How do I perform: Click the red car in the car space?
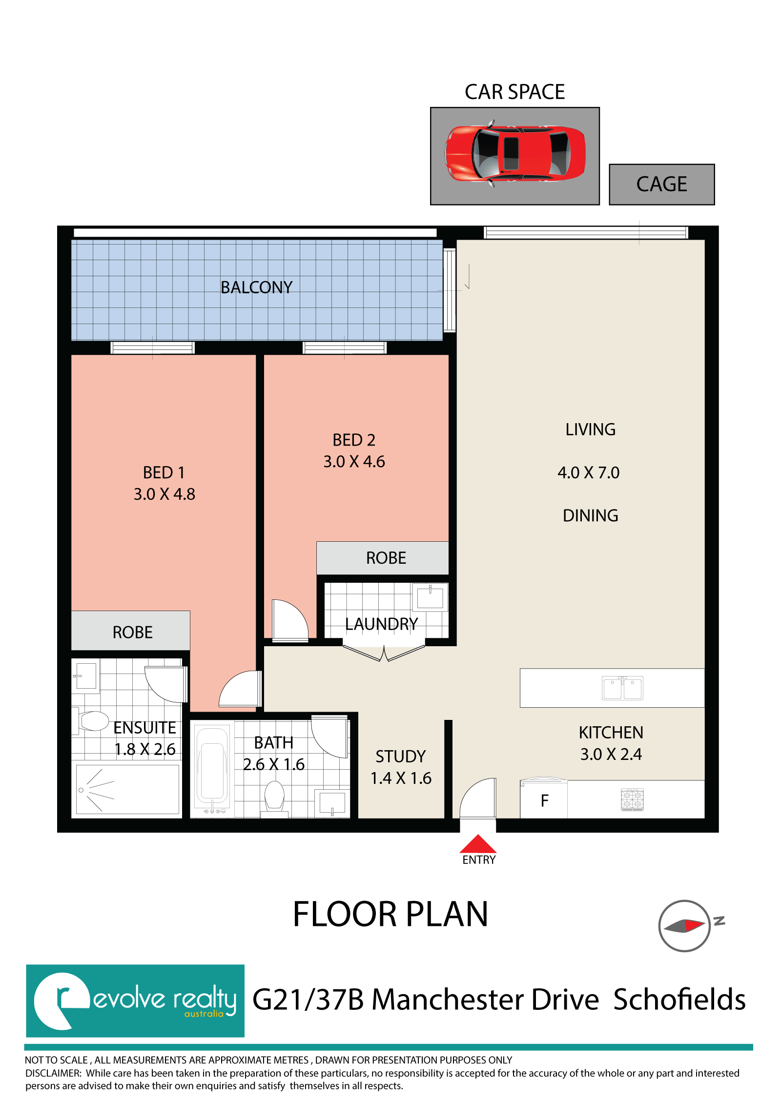(514, 153)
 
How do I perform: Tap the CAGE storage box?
(661, 184)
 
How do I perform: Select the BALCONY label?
(256, 287)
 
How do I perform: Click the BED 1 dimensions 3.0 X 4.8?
(164, 494)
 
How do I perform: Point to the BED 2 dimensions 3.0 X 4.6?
(354, 461)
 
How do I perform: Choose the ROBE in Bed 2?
(382, 558)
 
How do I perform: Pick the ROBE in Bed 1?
(130, 631)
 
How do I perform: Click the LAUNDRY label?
(381, 624)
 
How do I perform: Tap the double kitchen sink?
(622, 688)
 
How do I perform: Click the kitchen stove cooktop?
(632, 799)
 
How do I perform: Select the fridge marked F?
(544, 799)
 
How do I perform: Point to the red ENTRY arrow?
(478, 844)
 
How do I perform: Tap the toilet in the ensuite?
(91, 720)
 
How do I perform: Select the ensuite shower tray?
(127, 789)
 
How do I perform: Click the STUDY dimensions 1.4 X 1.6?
(401, 778)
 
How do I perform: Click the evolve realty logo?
(135, 1001)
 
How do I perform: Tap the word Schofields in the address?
(679, 999)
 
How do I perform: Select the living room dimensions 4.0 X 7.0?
(589, 472)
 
